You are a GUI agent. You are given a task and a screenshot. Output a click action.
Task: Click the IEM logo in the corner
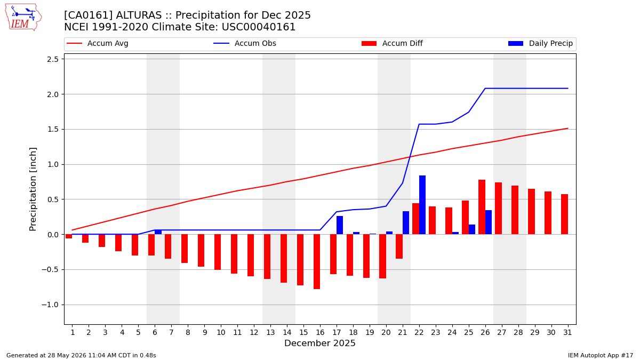[x=23, y=18]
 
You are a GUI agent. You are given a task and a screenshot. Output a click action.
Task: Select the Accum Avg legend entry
[x=98, y=43]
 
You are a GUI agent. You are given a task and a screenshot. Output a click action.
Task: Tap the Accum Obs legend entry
[x=245, y=43]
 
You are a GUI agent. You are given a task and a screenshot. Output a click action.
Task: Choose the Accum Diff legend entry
[x=392, y=43]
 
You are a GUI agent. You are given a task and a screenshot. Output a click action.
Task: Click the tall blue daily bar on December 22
[x=422, y=205]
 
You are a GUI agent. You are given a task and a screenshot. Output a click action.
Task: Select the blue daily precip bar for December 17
[x=340, y=225]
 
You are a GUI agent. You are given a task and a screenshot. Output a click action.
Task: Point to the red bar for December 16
[x=317, y=262]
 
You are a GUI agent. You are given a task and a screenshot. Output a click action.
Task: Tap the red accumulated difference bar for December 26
[x=482, y=207]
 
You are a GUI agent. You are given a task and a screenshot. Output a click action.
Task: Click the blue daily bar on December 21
[x=406, y=223]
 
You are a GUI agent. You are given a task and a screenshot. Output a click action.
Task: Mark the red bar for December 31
[x=564, y=214]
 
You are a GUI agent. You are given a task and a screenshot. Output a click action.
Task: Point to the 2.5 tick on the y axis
[x=53, y=59]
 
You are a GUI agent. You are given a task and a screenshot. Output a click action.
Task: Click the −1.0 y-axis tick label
[x=50, y=305]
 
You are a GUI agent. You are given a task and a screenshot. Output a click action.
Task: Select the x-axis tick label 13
[x=270, y=333]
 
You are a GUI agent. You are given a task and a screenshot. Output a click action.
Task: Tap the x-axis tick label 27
[x=501, y=333]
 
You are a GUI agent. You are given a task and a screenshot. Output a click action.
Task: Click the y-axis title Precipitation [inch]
[x=33, y=189]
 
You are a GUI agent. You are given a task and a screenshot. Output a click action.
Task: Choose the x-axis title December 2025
[x=319, y=343]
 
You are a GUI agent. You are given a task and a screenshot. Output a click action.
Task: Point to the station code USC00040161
[x=259, y=27]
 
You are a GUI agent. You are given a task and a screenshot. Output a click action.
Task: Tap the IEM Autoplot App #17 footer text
[x=601, y=355]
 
